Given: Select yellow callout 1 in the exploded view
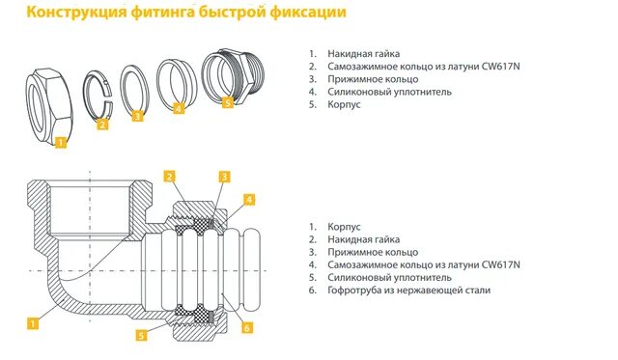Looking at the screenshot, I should tap(60, 143).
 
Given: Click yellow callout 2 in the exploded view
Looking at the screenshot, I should tap(103, 124).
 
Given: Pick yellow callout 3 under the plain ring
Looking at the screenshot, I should tap(138, 116).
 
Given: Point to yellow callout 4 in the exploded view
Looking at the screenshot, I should tap(179, 108).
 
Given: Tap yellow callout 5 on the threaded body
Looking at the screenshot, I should tap(228, 100).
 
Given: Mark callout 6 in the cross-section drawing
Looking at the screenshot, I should tap(246, 327).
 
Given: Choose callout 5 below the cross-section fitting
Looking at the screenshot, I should tap(141, 335).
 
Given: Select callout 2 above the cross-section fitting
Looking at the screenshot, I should tap(168, 177).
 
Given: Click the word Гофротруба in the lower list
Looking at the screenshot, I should tap(359, 290).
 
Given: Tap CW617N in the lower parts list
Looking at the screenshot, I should tap(500, 263).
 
